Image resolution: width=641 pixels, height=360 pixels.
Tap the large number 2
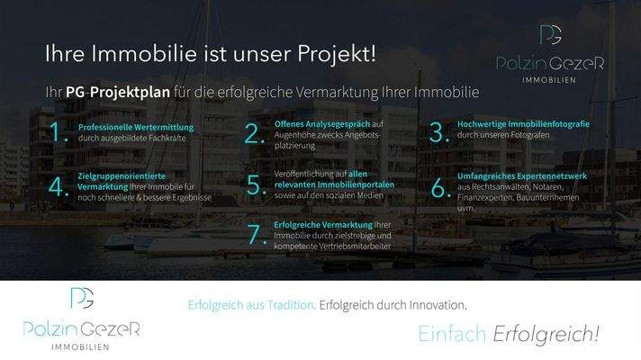tap(253, 133)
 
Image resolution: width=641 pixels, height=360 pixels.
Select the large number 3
tap(438, 133)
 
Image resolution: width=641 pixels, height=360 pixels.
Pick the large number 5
tap(253, 186)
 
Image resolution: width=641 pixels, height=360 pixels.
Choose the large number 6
tap(438, 187)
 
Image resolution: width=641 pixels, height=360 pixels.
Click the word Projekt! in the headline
tap(337, 54)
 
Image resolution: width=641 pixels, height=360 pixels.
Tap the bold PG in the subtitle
tap(75, 92)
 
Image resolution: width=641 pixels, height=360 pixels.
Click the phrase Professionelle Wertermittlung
tap(136, 128)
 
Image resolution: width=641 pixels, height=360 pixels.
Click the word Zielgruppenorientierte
tap(122, 176)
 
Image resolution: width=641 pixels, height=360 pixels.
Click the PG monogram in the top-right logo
tap(549, 36)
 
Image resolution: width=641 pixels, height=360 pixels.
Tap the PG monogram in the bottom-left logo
tap(82, 298)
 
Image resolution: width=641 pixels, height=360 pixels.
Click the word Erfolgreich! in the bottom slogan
tap(546, 335)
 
